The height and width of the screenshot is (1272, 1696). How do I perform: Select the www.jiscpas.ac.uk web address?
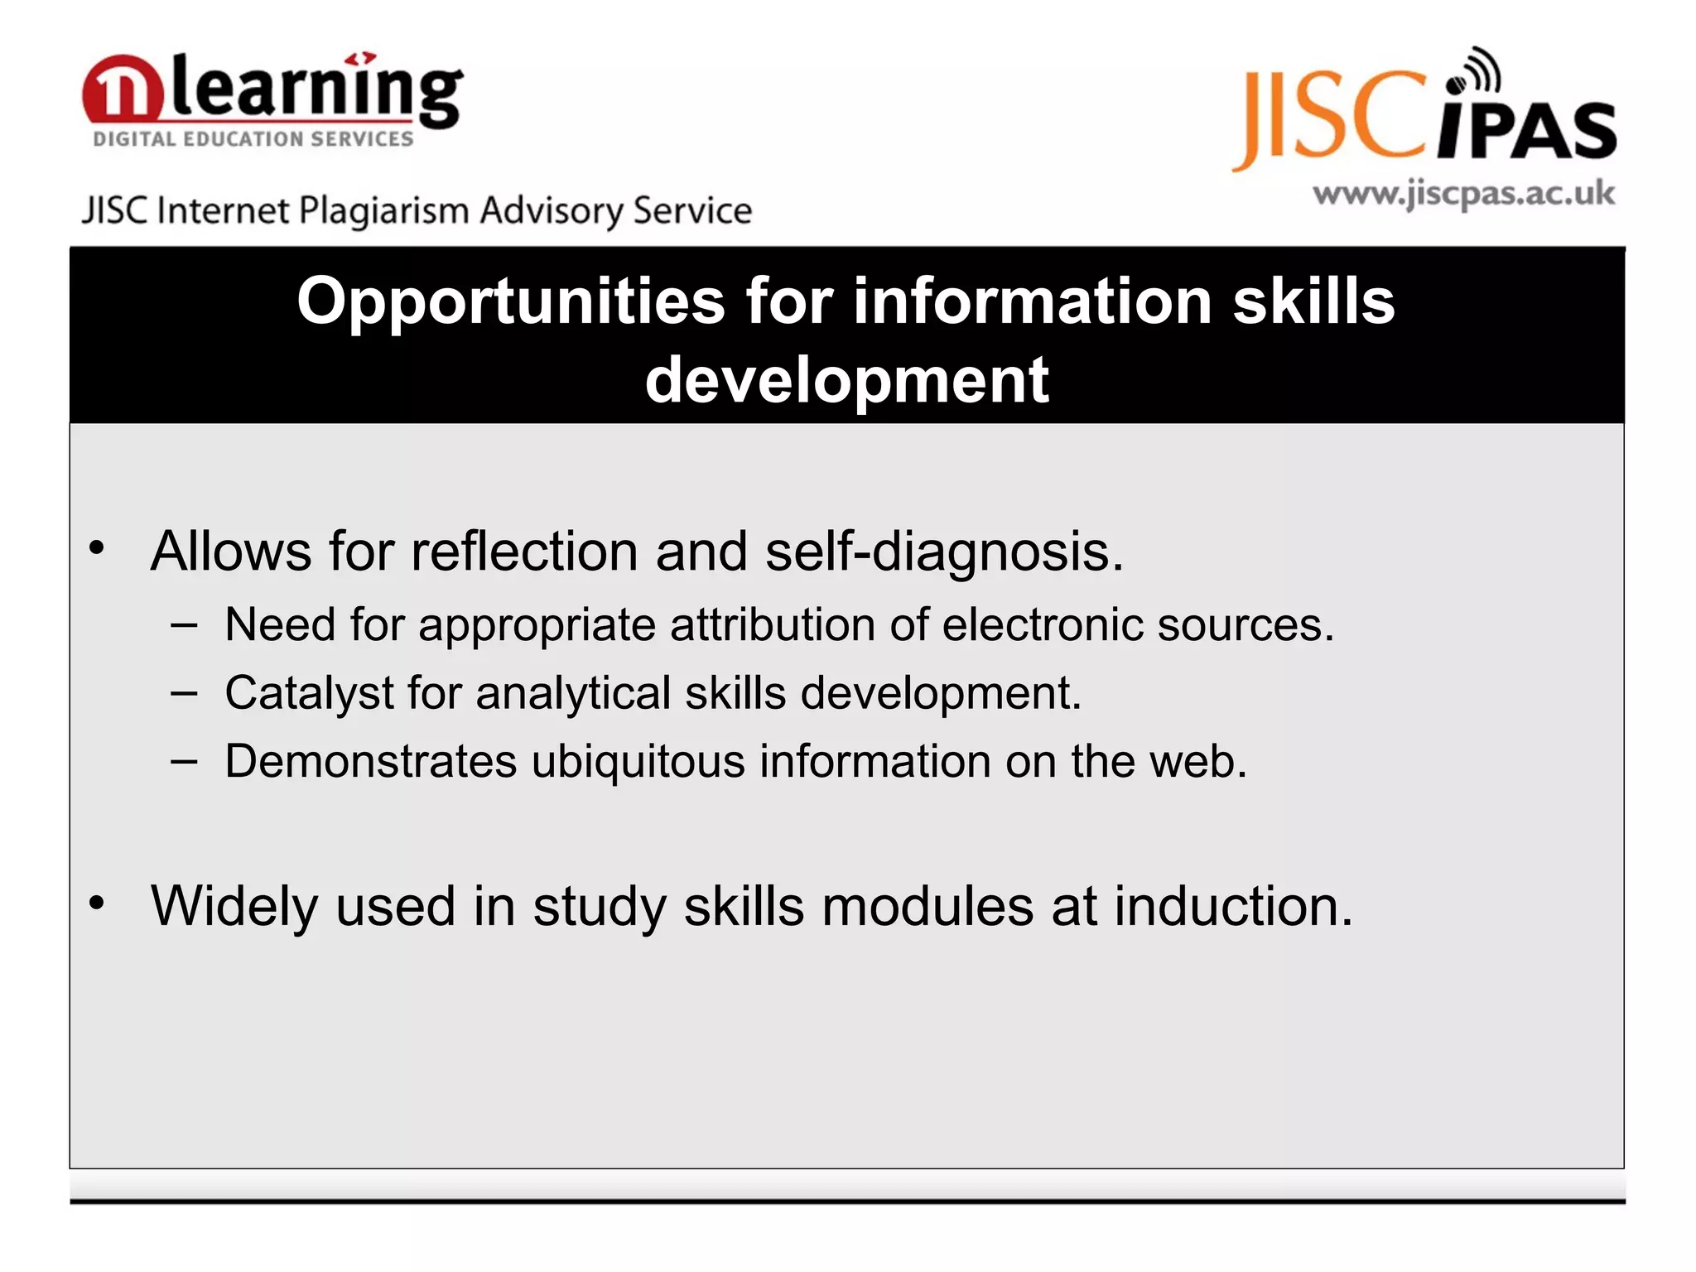pos(1463,195)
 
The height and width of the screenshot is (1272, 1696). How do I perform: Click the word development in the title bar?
pos(846,380)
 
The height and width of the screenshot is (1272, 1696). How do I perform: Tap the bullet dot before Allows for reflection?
pos(97,547)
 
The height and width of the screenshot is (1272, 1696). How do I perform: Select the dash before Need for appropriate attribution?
pos(184,625)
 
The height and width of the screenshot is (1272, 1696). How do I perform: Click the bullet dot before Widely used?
pos(97,903)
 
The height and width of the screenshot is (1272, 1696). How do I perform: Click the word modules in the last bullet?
pos(927,907)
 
